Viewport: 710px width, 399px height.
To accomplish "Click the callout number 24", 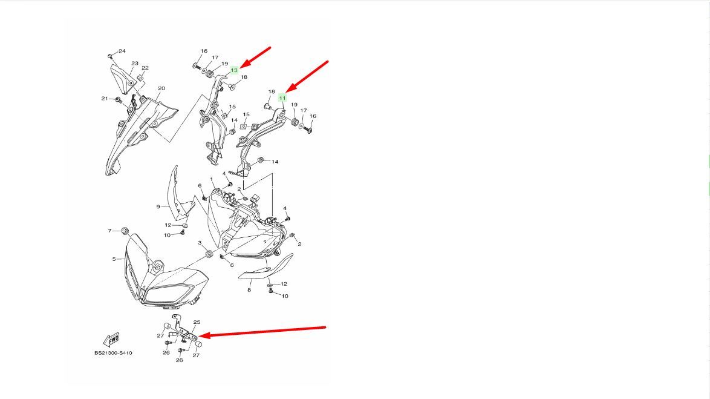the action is (122, 51).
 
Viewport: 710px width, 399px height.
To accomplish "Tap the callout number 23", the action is (134, 64).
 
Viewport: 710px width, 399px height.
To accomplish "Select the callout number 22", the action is (145, 68).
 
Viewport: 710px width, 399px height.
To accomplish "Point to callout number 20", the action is (161, 88).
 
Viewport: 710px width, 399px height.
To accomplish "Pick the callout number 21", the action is (105, 99).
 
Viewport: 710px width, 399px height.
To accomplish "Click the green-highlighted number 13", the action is (234, 70).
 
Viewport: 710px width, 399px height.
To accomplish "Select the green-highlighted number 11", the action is (282, 98).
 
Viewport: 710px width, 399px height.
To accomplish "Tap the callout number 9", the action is (158, 206).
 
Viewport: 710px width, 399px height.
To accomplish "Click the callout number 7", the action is (109, 231).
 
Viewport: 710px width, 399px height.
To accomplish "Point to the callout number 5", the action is (114, 259).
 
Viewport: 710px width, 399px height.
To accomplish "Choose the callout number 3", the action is (200, 243).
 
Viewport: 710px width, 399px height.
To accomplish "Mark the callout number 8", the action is (249, 290).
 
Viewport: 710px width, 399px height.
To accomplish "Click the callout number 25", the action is (197, 322).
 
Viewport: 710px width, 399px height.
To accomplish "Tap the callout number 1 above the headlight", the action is (212, 180).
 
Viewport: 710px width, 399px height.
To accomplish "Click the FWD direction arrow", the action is (111, 339).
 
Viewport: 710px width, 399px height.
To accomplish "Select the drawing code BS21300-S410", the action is (113, 353).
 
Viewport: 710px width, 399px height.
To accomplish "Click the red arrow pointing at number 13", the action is (255, 58).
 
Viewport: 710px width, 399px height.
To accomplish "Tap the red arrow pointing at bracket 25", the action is (262, 331).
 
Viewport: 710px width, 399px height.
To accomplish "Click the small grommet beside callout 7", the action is (125, 231).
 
